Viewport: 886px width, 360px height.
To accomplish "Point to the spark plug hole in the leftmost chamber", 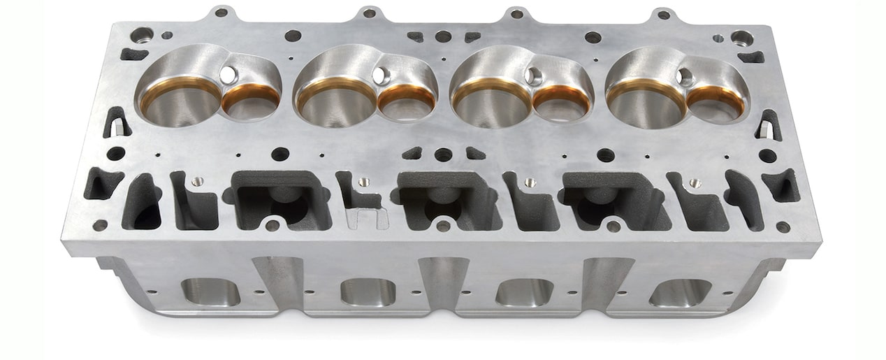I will pyautogui.click(x=228, y=73).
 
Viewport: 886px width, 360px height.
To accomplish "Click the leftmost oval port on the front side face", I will pyautogui.click(x=210, y=291).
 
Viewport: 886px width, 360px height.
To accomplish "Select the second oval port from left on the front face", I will pyautogui.click(x=368, y=291).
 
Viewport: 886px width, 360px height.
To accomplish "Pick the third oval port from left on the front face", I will pyautogui.click(x=524, y=291).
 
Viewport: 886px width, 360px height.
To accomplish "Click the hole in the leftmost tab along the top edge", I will pyautogui.click(x=221, y=12).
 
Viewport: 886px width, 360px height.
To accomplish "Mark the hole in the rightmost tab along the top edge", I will pyautogui.click(x=662, y=14).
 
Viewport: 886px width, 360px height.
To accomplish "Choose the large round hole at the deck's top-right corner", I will pyautogui.click(x=741, y=38).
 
